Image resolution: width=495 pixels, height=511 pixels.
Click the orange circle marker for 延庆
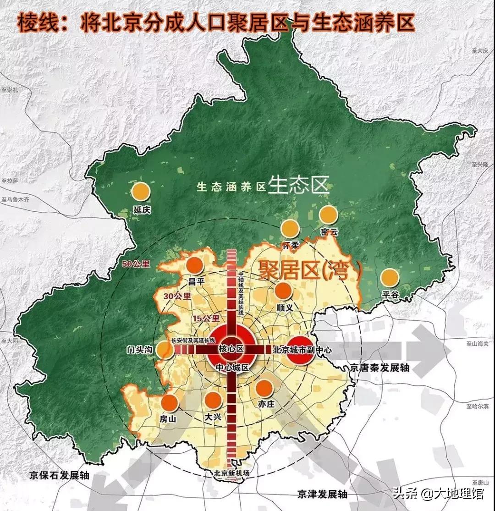point(141,192)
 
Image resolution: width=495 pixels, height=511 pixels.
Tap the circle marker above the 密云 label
point(328,215)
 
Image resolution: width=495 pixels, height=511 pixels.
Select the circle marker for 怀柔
point(290,229)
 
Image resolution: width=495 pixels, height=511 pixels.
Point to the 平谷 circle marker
point(390,278)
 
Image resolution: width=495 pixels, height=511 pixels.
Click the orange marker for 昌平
point(195,265)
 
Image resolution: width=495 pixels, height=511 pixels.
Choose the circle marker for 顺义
point(283,291)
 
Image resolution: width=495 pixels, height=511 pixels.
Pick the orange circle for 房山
point(170,402)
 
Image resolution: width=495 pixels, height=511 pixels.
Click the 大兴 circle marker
point(213,400)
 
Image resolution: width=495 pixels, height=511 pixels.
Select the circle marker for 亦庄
point(264,388)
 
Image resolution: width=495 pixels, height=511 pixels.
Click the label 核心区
point(231,349)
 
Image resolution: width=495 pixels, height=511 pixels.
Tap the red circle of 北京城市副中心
point(300,350)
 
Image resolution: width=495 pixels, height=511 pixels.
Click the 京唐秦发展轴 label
point(379,367)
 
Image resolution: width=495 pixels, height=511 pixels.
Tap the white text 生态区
point(298,185)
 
